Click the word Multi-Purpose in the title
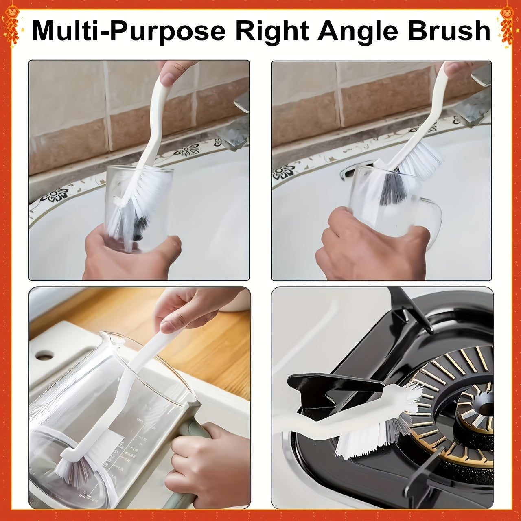point(128,31)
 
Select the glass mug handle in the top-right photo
point(431,220)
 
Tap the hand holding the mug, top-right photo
point(366,248)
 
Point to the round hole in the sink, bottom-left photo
point(44,356)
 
